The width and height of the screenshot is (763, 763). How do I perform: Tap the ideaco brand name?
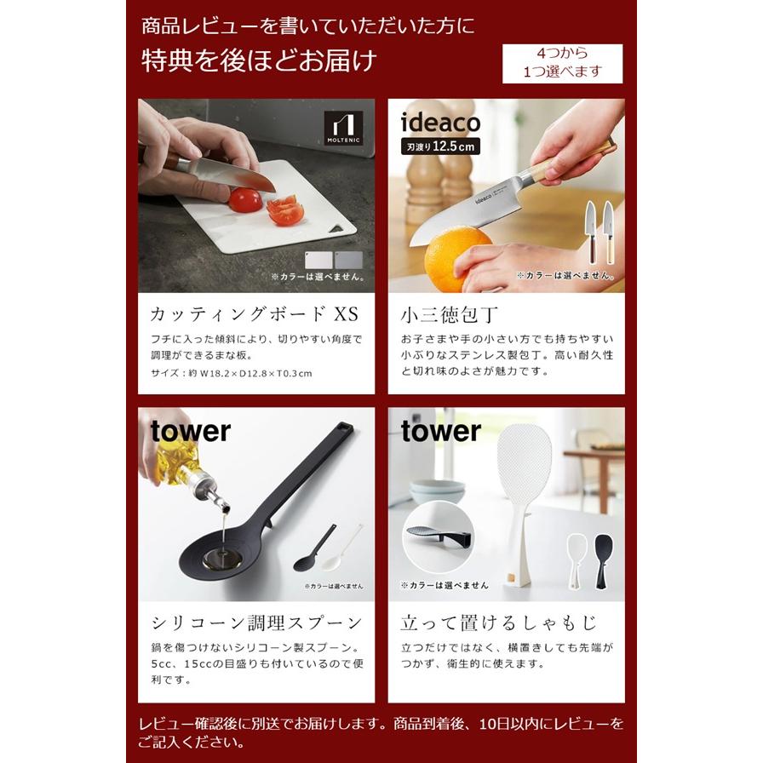pyautogui.click(x=440, y=123)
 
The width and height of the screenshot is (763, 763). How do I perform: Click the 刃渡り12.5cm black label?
pyautogui.click(x=440, y=146)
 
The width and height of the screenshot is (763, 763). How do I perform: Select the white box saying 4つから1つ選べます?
pyautogui.click(x=562, y=63)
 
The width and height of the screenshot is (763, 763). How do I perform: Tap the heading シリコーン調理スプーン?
pyautogui.click(x=256, y=622)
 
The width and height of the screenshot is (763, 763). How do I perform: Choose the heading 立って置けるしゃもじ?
pyautogui.click(x=499, y=622)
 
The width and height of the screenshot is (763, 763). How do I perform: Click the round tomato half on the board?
pyautogui.click(x=245, y=200)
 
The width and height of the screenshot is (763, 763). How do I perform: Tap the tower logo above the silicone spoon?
pyautogui.click(x=191, y=432)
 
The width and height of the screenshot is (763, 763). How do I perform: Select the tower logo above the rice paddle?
pyautogui.click(x=441, y=432)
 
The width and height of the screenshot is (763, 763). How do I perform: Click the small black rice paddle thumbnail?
pyautogui.click(x=605, y=558)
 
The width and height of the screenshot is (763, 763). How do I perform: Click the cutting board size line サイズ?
pyautogui.click(x=231, y=373)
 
